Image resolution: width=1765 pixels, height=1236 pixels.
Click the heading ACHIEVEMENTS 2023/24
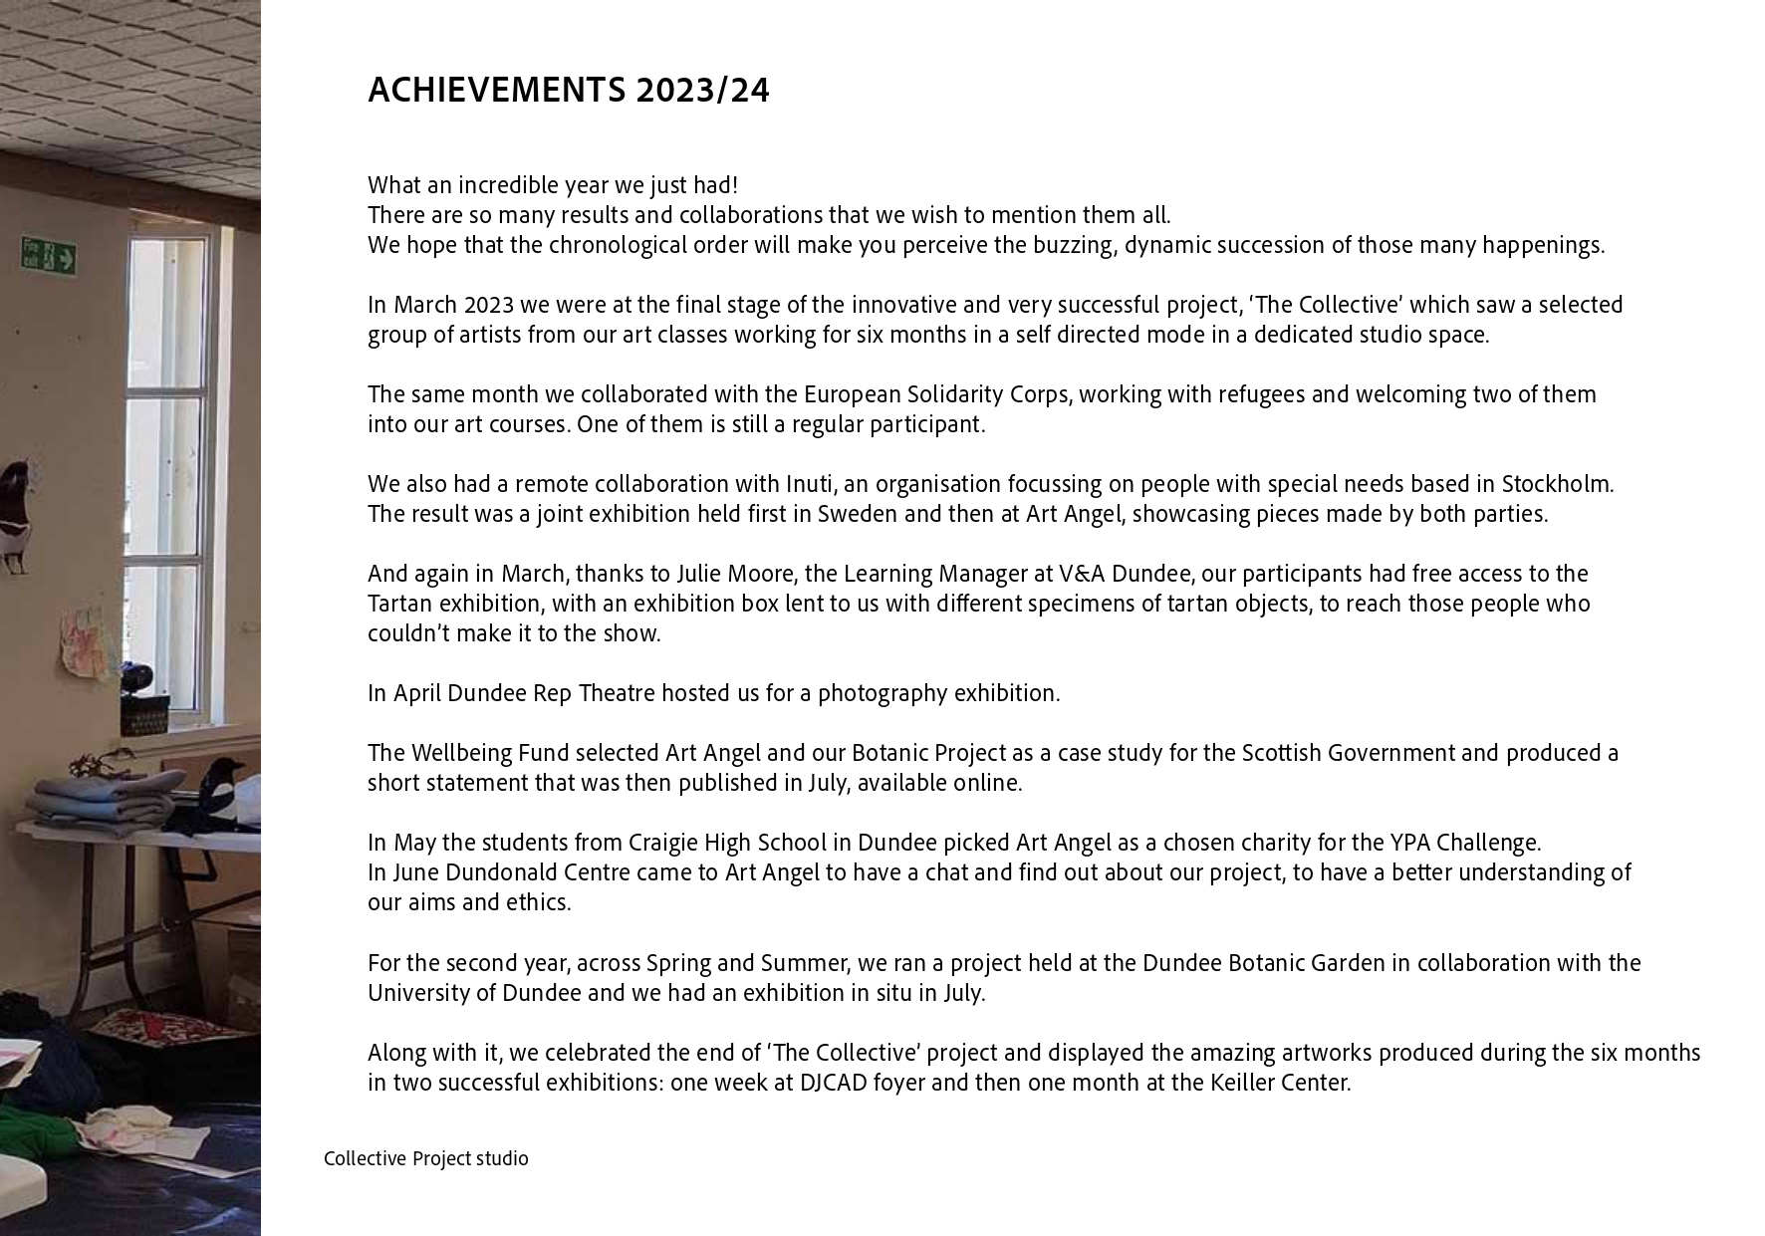click(x=568, y=91)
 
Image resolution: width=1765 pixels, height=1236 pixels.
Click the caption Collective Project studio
click(x=425, y=1158)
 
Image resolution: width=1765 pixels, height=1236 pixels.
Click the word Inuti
click(x=810, y=484)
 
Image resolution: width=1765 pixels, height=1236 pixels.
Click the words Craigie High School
click(x=726, y=843)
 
